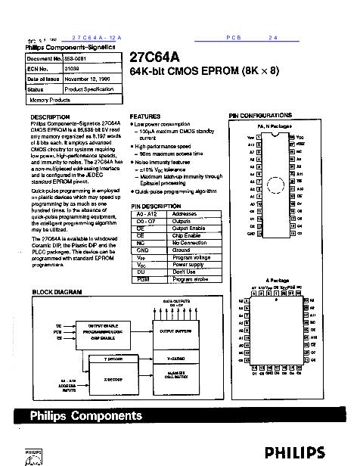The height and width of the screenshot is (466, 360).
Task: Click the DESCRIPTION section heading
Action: click(51, 116)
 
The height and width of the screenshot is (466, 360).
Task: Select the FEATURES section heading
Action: click(146, 116)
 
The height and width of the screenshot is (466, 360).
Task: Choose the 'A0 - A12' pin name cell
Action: click(141, 214)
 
